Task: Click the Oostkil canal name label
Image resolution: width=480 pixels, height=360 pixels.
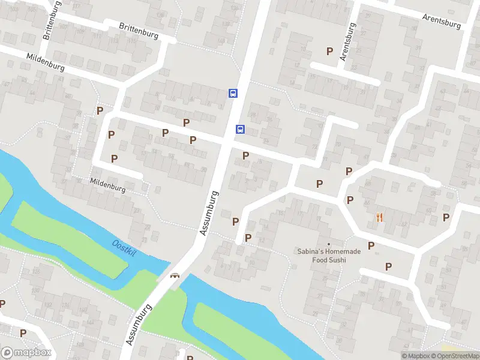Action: tap(125, 247)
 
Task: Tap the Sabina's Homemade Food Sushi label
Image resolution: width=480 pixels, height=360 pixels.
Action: tap(329, 256)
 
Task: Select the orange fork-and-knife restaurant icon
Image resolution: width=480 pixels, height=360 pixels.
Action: tap(379, 217)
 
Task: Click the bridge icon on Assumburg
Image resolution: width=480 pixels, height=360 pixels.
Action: tap(175, 276)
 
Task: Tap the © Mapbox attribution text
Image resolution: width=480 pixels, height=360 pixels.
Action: tap(416, 356)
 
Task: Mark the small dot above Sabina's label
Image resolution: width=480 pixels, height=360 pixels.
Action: tap(329, 244)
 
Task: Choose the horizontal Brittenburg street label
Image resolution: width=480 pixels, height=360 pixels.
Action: tap(139, 31)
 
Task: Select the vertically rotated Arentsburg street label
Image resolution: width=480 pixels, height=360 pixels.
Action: tap(347, 42)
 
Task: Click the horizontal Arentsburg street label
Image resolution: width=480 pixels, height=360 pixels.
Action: tap(441, 21)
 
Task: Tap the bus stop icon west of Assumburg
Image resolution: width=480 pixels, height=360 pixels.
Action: tap(232, 93)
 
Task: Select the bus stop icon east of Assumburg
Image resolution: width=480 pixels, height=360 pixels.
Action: tap(240, 129)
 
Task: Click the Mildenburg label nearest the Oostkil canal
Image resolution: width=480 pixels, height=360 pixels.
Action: tap(107, 185)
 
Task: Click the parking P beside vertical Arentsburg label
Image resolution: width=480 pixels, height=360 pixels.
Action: tap(329, 52)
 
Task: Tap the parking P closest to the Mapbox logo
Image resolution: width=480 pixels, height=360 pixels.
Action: tap(23, 333)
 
